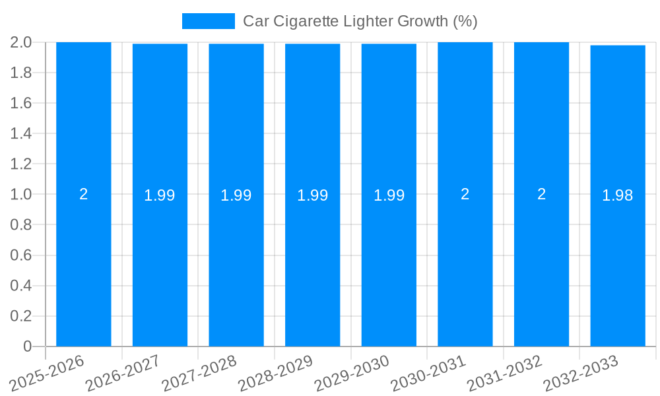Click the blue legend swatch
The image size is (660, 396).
(208, 21)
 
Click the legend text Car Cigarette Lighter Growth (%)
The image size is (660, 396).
(360, 21)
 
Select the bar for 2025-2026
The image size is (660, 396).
(84, 264)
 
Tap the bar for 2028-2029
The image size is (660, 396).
(312, 264)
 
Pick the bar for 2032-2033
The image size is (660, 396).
(618, 264)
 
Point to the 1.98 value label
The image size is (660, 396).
(618, 195)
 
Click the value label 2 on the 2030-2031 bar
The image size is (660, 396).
(465, 194)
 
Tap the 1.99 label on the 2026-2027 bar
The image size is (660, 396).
(160, 195)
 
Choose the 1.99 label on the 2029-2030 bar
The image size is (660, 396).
(389, 195)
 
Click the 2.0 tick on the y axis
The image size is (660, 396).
(21, 42)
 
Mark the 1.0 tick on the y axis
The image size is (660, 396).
(21, 194)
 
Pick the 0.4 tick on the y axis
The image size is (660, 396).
(21, 286)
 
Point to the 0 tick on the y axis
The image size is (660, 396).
(27, 346)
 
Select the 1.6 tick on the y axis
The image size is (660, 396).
(21, 103)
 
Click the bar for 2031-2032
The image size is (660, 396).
(541, 264)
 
